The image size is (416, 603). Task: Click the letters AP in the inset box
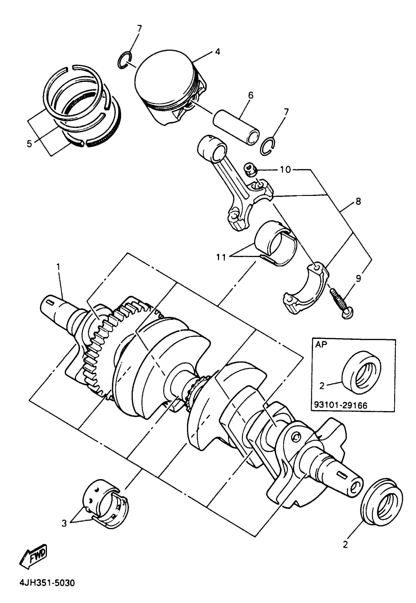click(x=321, y=345)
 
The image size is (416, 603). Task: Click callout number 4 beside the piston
click(x=217, y=51)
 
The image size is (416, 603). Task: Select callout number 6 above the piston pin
click(x=251, y=95)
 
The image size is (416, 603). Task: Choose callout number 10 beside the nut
click(x=285, y=169)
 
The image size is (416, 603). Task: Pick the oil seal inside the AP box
click(x=361, y=372)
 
